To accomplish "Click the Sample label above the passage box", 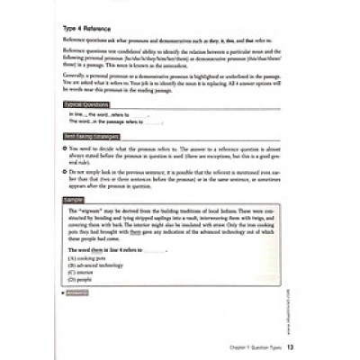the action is coord(74,197).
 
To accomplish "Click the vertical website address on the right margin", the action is coord(294,280).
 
